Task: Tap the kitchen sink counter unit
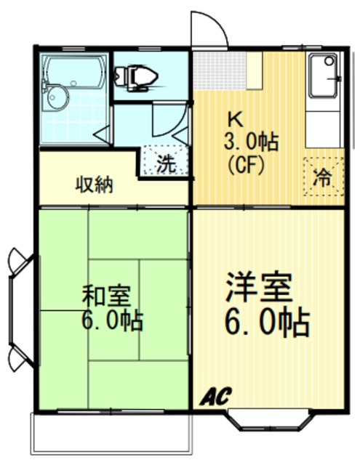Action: tap(323, 102)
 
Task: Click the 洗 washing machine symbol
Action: tap(166, 163)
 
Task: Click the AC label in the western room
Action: tap(216, 396)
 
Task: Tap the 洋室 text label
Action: tap(258, 288)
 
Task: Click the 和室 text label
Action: tap(107, 296)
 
